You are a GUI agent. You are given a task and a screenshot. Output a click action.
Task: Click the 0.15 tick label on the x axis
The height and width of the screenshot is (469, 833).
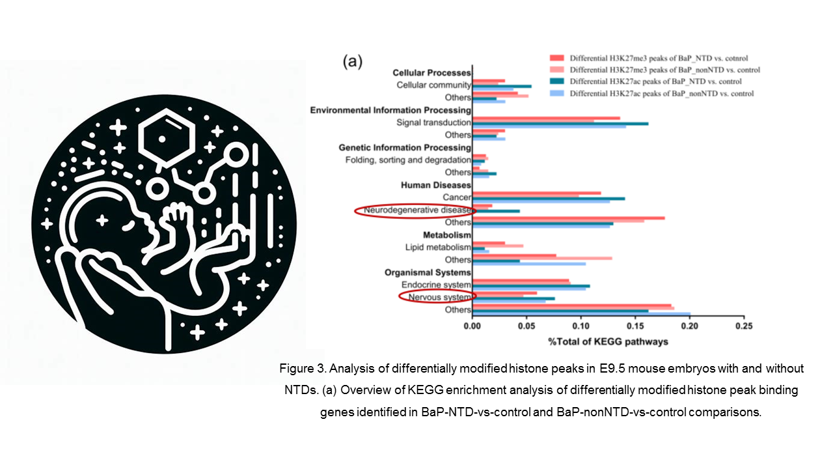pos(635,326)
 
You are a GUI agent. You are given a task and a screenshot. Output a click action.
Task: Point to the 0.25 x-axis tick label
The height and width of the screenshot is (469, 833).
pos(744,326)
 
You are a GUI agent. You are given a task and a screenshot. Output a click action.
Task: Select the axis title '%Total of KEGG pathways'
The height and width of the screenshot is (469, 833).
pos(608,342)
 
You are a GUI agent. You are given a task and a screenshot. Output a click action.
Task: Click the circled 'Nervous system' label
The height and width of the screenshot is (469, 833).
pos(439,297)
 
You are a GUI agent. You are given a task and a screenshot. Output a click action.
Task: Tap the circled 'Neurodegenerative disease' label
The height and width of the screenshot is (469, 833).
pos(417,210)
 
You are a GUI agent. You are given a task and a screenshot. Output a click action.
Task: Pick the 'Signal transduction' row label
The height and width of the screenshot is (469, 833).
pos(433,122)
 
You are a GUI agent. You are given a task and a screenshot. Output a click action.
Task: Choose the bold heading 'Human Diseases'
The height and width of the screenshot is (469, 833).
pos(436,185)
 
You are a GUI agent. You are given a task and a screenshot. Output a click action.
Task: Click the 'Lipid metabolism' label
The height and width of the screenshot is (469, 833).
pos(438,247)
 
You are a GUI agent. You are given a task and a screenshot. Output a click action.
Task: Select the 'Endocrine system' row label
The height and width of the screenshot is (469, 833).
pos(436,285)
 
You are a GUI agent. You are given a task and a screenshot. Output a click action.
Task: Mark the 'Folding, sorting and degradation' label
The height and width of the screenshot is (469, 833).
pos(408,160)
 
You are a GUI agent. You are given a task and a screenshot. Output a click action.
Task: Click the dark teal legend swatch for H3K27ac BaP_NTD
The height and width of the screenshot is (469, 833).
pos(556,81)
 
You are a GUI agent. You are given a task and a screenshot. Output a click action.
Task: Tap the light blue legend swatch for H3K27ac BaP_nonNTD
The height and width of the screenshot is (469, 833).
pos(556,93)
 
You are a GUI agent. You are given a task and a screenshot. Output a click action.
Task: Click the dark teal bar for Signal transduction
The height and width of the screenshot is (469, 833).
pos(560,124)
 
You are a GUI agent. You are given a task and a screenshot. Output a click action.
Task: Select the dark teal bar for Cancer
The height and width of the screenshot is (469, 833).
pos(549,199)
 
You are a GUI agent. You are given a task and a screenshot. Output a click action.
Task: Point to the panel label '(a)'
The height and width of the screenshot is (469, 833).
pos(352,61)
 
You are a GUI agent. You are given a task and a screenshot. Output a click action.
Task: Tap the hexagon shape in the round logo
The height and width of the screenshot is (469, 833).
pos(167,137)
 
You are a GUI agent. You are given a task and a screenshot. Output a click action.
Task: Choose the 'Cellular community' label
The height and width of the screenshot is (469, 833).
pos(433,85)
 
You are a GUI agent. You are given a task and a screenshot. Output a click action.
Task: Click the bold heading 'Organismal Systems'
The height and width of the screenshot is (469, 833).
pos(428,272)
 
